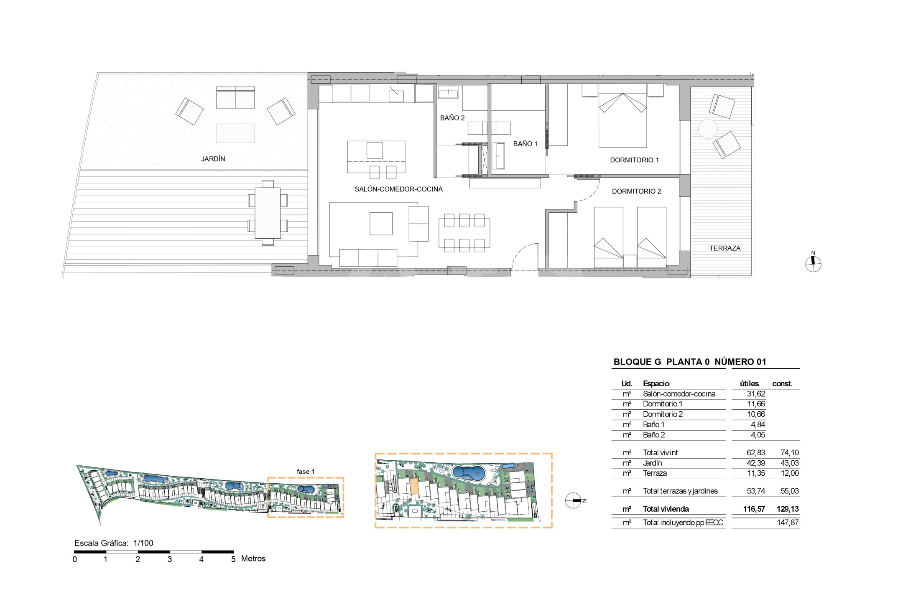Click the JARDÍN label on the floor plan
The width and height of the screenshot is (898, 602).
(213, 159)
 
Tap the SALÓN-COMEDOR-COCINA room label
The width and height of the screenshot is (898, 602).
(398, 189)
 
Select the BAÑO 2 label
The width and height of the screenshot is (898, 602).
(452, 118)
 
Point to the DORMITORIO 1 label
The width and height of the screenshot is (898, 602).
(634, 160)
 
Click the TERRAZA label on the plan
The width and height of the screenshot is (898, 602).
(725, 248)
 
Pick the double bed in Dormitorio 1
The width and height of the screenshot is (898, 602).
(622, 116)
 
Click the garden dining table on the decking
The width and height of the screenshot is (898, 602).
(268, 213)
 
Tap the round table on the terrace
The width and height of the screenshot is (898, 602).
(707, 129)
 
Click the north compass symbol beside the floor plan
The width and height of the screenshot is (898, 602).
(813, 263)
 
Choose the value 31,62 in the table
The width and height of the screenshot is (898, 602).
(756, 394)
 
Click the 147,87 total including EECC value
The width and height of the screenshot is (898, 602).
(788, 523)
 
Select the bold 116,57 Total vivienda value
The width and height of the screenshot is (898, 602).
(754, 509)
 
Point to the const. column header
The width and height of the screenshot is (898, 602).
(782, 383)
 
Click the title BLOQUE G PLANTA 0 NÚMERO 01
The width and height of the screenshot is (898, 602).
(690, 362)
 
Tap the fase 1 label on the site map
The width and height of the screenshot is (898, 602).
(306, 472)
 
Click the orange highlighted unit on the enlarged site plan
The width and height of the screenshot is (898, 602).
(414, 487)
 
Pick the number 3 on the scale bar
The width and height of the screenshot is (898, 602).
(169, 559)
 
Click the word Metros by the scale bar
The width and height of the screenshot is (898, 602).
(253, 559)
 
